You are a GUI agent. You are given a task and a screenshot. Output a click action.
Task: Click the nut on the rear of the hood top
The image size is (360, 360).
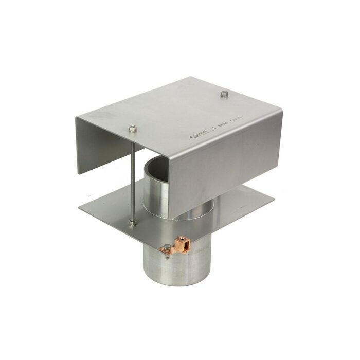[224, 94]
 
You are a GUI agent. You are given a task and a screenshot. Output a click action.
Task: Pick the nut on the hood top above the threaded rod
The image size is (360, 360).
[132, 127]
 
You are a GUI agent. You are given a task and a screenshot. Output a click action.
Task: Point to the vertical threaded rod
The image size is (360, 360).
[133, 175]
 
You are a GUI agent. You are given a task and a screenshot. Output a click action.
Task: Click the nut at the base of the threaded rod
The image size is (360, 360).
[133, 222]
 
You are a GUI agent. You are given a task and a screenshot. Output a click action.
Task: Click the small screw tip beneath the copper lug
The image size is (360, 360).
[169, 258]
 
